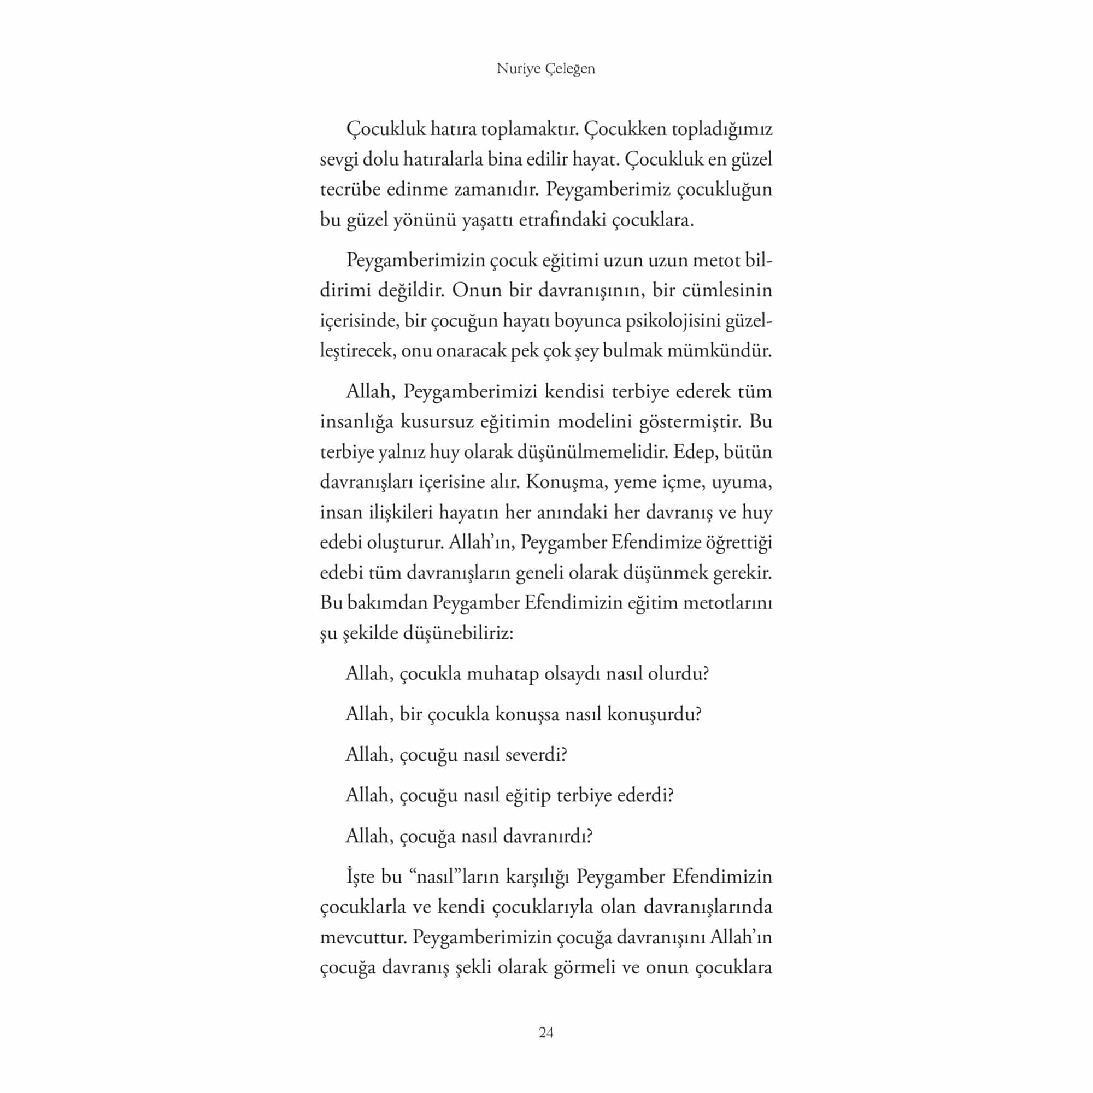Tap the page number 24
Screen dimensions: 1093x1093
tap(546, 1032)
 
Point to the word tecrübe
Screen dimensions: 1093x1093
tap(349, 190)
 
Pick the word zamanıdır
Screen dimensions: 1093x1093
tap(496, 190)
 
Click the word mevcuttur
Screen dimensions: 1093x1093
tap(363, 936)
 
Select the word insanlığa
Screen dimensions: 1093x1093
tap(356, 422)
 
